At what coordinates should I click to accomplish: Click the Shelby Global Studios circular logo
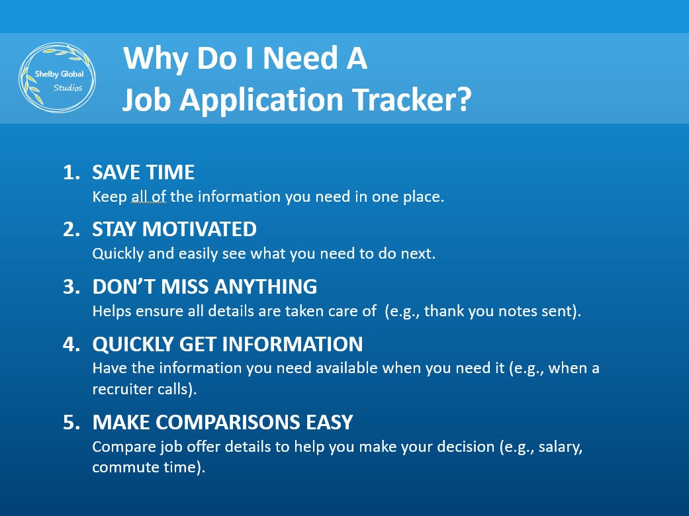[57, 77]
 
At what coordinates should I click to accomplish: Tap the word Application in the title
[261, 101]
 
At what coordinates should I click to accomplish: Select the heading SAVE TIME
[143, 172]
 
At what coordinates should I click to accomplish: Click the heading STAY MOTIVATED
[175, 230]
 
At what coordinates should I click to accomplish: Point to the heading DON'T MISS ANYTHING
[205, 286]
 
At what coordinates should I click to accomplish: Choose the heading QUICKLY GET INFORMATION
[228, 344]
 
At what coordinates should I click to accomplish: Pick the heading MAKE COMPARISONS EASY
[223, 422]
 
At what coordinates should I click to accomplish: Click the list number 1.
[71, 172]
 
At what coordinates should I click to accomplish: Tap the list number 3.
[71, 286]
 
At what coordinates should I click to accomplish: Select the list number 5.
[71, 422]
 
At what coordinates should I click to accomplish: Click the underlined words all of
[148, 196]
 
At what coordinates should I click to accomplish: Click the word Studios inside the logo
[68, 88]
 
